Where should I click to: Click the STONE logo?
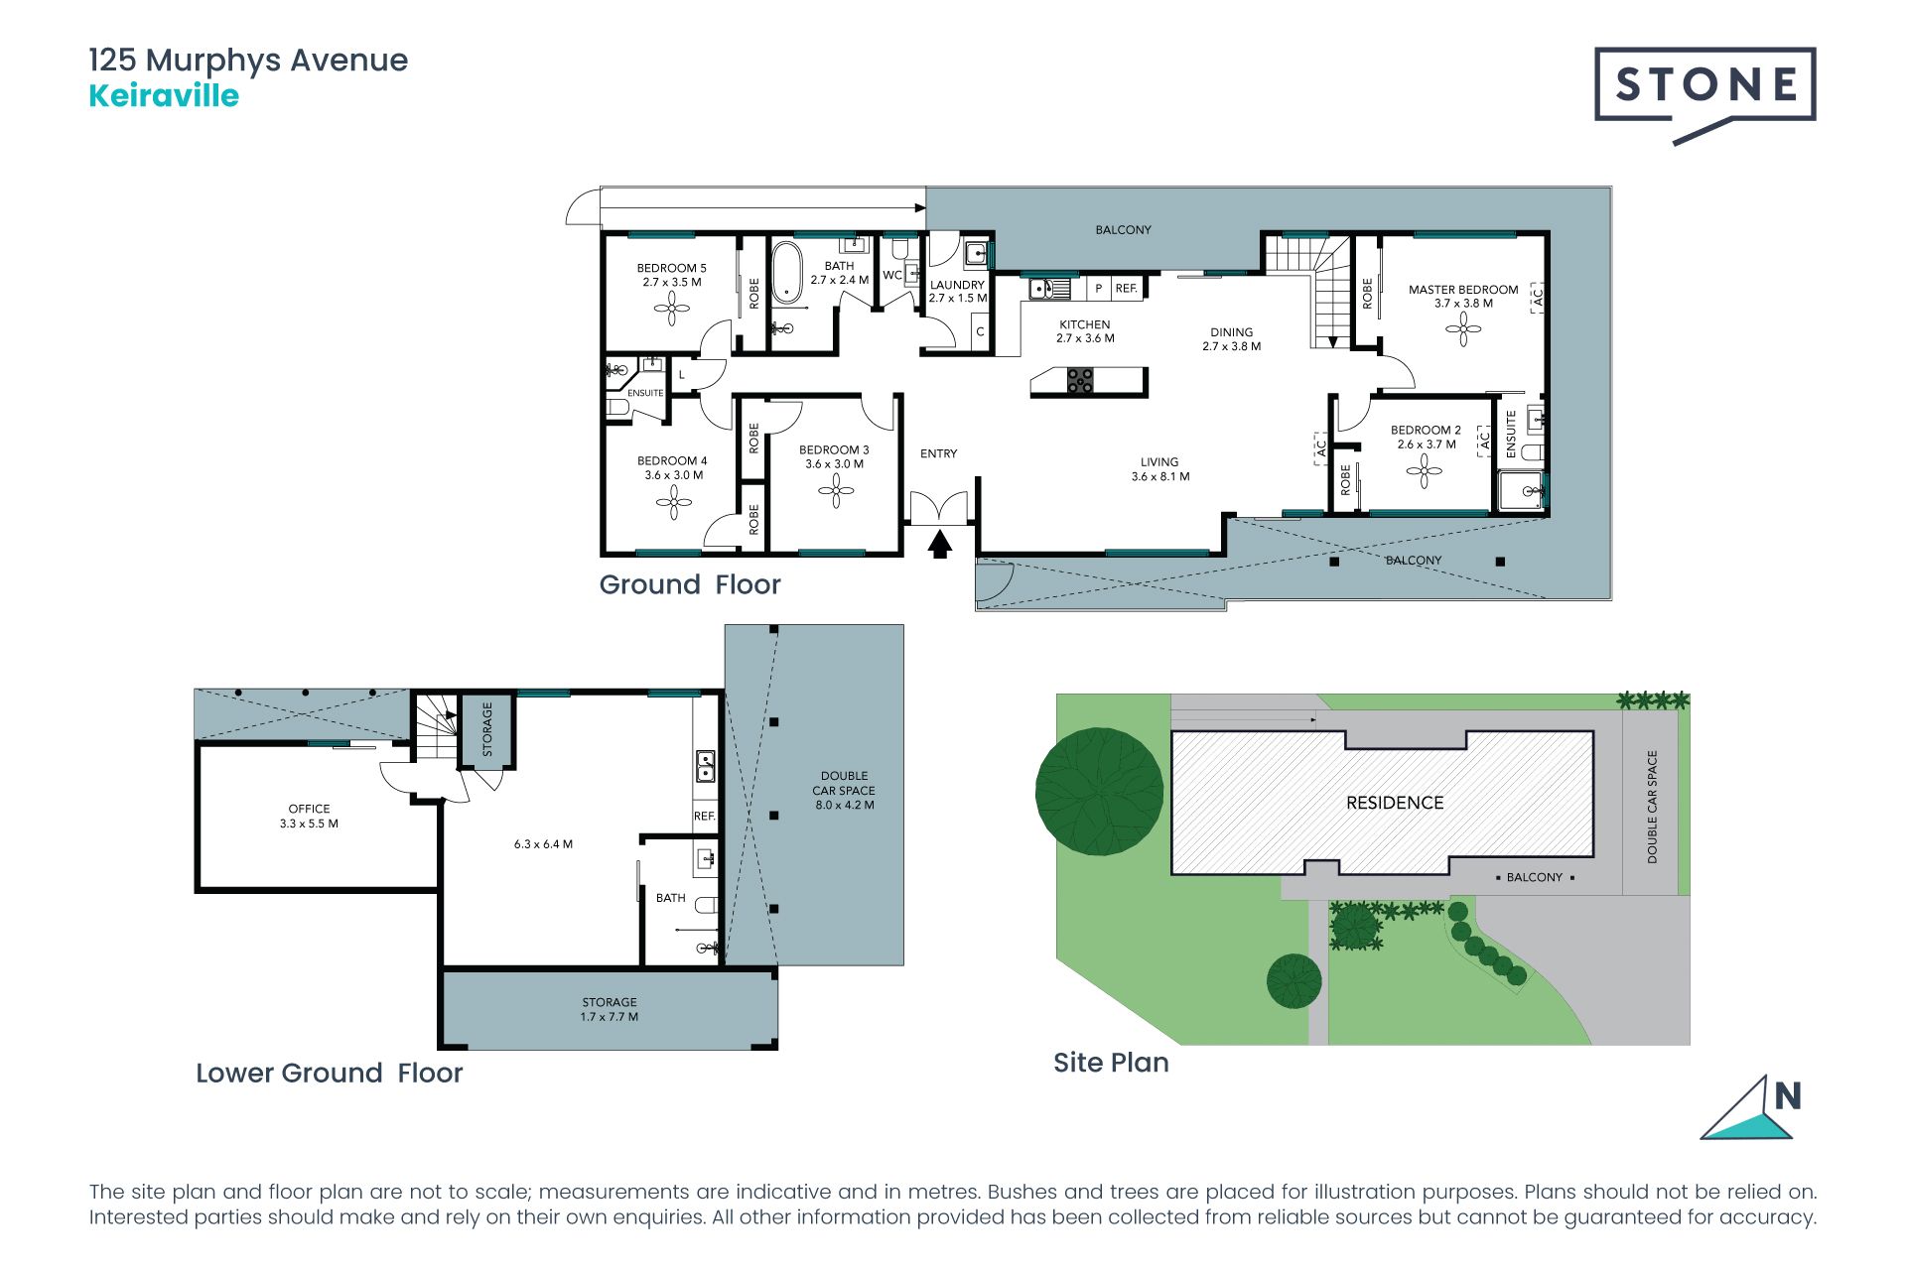(x=1705, y=91)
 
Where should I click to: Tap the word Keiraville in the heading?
(x=164, y=96)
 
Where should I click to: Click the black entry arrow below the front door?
(x=940, y=545)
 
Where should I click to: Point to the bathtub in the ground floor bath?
(x=787, y=271)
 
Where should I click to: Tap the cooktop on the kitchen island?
(x=1080, y=380)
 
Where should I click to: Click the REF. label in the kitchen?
(x=1126, y=289)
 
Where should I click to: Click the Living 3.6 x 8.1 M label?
(x=1160, y=469)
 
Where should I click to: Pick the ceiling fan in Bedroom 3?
(x=836, y=490)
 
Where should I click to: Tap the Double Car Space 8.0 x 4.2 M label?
(x=845, y=790)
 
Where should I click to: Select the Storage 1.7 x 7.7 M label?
(x=610, y=1009)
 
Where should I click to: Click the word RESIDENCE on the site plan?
(x=1395, y=803)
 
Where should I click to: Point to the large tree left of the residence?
(x=1099, y=792)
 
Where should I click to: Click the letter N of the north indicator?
(x=1788, y=1096)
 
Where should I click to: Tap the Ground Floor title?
(x=690, y=584)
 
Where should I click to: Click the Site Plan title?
(x=1111, y=1063)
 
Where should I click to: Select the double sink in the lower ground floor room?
(x=705, y=766)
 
